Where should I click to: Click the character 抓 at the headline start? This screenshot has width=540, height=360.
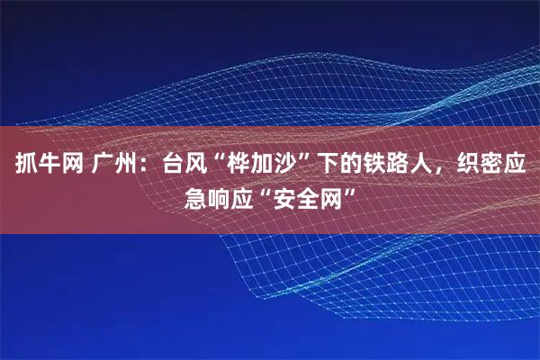point(21,166)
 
